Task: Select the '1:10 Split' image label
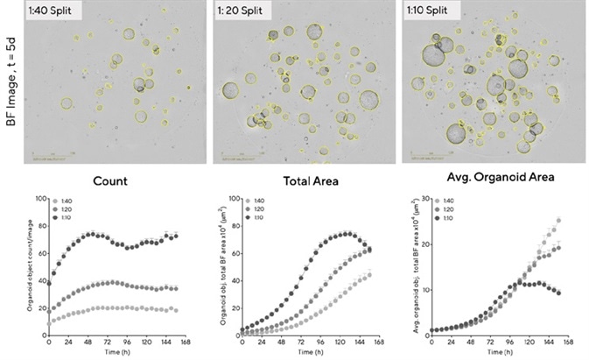coord(432,11)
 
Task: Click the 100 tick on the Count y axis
coord(39,199)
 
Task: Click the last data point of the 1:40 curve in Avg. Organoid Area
coord(557,221)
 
